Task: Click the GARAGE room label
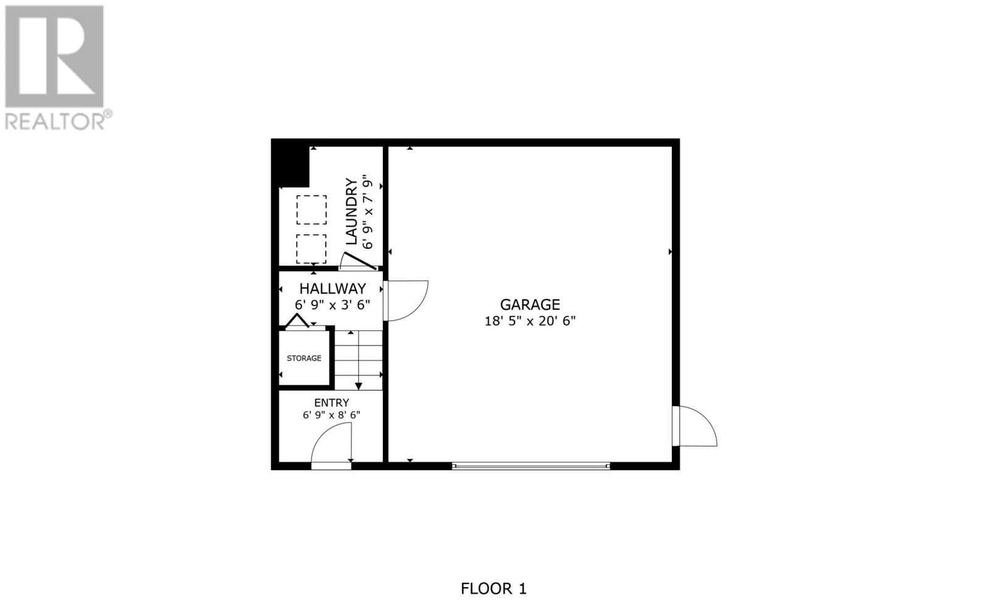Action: [530, 304]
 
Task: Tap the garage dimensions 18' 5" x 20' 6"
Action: [530, 321]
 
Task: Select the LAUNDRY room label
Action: [351, 212]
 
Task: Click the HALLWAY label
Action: [332, 288]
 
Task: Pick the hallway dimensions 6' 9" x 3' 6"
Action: [332, 304]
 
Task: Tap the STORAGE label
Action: [304, 358]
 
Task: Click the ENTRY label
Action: [332, 402]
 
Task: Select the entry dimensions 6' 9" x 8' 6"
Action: [332, 415]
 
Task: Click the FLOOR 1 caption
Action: [493, 588]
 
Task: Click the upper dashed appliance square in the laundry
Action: [311, 210]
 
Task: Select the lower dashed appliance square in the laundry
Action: [311, 249]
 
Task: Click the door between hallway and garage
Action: [404, 301]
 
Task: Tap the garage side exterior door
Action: [697, 426]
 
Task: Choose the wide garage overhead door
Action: [531, 466]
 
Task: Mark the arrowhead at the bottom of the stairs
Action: [358, 386]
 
